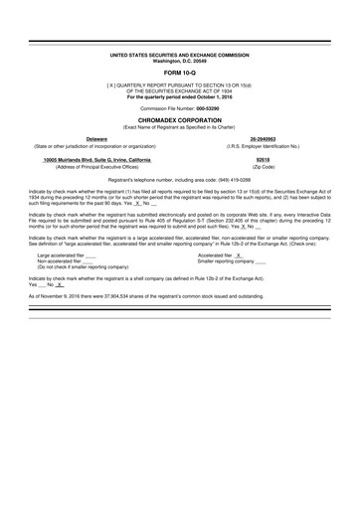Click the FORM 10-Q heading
(x=180, y=75)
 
